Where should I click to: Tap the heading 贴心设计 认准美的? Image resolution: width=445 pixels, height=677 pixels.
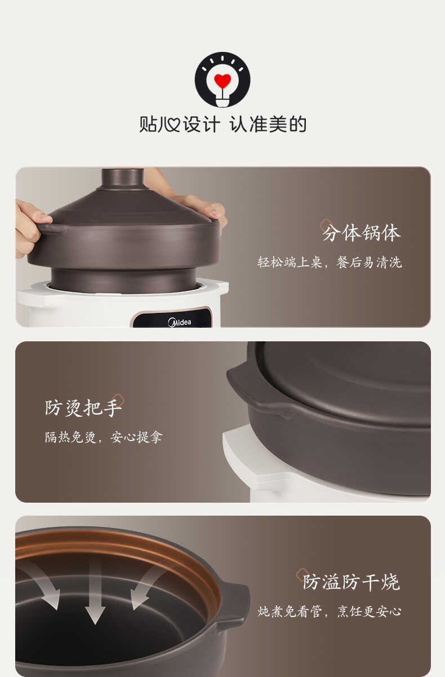coord(222,124)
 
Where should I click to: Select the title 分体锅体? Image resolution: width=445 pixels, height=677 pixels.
coord(361,232)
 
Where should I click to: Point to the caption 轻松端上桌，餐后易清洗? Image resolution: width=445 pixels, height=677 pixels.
coord(330,262)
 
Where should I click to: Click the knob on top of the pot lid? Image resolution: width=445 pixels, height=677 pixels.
coord(122,179)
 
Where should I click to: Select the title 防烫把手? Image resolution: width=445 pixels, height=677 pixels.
coord(83,407)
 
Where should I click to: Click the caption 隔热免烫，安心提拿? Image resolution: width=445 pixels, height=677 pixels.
coord(104,437)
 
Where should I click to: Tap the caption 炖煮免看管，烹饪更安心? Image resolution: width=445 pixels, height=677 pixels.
coord(330,612)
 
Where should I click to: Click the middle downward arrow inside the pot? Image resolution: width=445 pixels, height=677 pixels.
coord(95,592)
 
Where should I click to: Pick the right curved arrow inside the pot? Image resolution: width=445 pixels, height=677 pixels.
coord(146,587)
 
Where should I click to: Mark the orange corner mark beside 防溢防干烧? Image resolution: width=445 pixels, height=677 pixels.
coord(302,573)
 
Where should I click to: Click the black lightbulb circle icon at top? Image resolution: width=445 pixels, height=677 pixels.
coord(222,80)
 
